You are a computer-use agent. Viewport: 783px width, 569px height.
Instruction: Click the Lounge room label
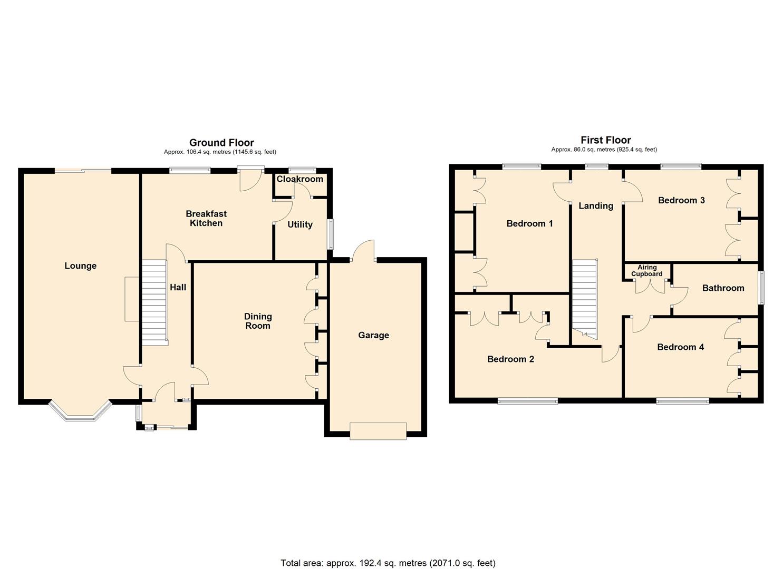click(x=81, y=266)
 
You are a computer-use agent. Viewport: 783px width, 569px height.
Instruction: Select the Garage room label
click(x=373, y=335)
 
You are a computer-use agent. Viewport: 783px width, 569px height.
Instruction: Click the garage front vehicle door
click(x=378, y=430)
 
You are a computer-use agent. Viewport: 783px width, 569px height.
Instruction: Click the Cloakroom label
click(x=299, y=179)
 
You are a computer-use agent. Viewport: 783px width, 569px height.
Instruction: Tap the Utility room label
click(x=299, y=224)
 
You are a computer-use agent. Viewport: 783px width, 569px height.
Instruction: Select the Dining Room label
click(x=258, y=321)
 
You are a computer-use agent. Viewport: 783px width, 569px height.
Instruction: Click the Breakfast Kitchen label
click(x=206, y=218)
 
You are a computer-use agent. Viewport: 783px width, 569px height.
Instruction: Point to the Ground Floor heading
click(x=221, y=143)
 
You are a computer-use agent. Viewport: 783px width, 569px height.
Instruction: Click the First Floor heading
click(x=605, y=140)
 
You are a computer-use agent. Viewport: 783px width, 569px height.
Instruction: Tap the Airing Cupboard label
click(x=647, y=271)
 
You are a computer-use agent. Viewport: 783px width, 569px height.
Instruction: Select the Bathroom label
click(x=723, y=288)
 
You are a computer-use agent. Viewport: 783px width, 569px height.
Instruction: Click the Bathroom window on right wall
click(x=761, y=288)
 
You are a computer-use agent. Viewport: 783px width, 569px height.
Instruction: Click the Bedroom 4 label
click(x=680, y=347)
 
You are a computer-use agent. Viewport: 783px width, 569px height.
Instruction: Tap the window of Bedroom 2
click(x=528, y=401)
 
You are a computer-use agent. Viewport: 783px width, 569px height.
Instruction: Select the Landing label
click(x=596, y=205)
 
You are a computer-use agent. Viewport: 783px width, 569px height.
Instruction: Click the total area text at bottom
click(x=388, y=563)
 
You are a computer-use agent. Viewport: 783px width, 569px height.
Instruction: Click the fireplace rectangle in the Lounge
click(x=132, y=299)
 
